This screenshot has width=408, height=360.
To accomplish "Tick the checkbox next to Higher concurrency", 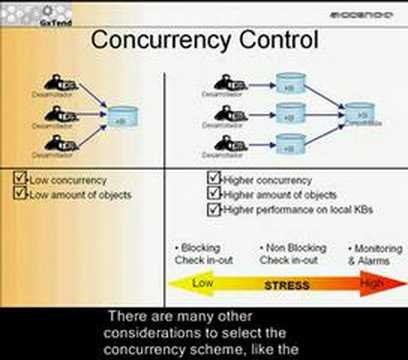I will click(x=214, y=180).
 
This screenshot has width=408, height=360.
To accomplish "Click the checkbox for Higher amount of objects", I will click(x=214, y=195).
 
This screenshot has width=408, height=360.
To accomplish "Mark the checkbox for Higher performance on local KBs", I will click(x=214, y=210).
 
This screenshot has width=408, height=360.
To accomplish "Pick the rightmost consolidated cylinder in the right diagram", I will click(x=358, y=116).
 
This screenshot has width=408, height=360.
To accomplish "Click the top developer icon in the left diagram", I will click(x=57, y=85).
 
